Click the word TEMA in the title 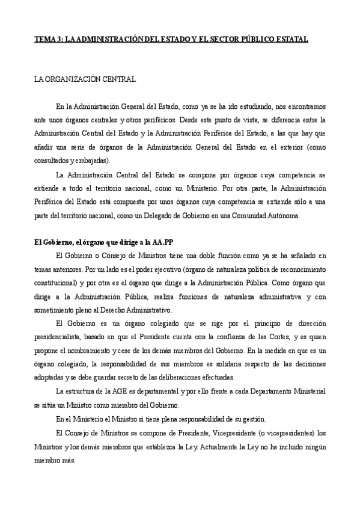(43, 39)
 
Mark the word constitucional (55, 266)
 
